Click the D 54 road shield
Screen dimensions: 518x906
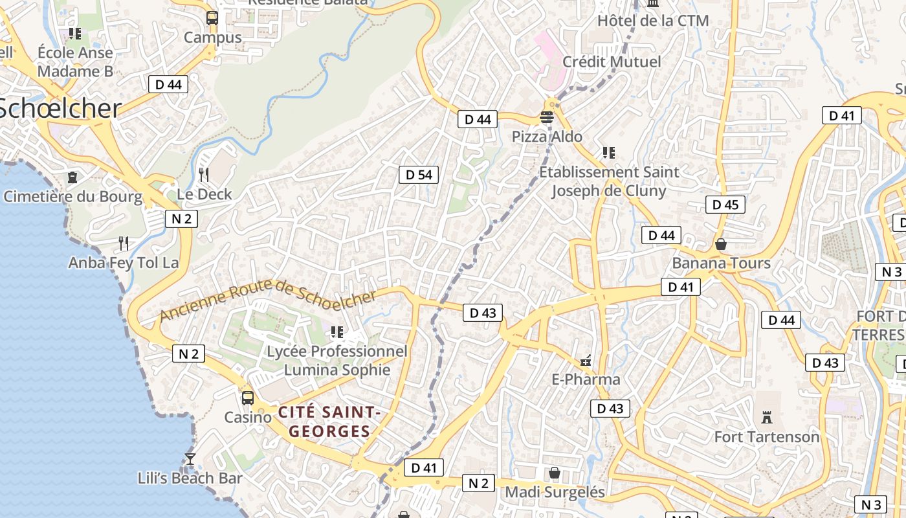[x=419, y=174]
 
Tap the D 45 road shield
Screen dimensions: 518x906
[x=725, y=205]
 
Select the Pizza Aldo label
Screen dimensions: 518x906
[x=547, y=137]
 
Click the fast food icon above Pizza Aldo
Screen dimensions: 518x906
[x=547, y=117]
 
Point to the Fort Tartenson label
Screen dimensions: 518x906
[x=766, y=437]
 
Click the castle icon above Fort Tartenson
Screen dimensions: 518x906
[x=767, y=416]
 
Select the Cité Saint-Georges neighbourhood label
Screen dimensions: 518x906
[x=329, y=422]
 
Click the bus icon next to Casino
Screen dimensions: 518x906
[x=248, y=398]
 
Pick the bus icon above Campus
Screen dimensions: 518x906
[x=212, y=18]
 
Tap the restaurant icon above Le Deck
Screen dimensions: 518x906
[x=204, y=174]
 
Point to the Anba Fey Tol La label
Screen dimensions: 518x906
[x=124, y=263]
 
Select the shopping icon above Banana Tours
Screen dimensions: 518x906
[x=721, y=244]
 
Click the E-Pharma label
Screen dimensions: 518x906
[x=586, y=379]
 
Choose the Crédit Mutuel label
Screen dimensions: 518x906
[x=612, y=62]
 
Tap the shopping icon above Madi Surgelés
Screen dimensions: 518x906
[x=555, y=473]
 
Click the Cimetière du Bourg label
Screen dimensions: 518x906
[x=72, y=196]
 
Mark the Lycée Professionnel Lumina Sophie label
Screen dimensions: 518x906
[x=337, y=361]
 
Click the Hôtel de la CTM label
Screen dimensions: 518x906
[x=652, y=21]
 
